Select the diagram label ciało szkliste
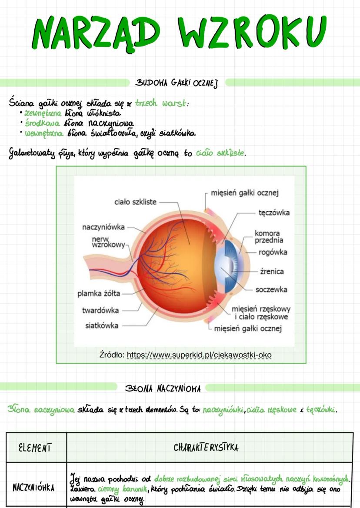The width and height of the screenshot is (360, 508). click(x=135, y=202)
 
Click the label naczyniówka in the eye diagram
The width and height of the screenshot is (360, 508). click(x=103, y=227)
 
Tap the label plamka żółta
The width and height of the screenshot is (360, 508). click(x=99, y=293)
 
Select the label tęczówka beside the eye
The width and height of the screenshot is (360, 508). click(x=274, y=213)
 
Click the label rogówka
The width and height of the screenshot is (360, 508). click(x=273, y=252)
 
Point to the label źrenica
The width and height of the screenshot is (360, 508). click(x=272, y=272)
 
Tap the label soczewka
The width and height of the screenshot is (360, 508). click(x=271, y=289)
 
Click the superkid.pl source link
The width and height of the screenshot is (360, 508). click(x=199, y=355)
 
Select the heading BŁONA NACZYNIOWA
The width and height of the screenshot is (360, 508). click(x=163, y=388)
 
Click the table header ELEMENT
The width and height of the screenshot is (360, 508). click(x=36, y=447)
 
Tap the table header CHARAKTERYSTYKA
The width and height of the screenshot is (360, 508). click(x=206, y=447)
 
